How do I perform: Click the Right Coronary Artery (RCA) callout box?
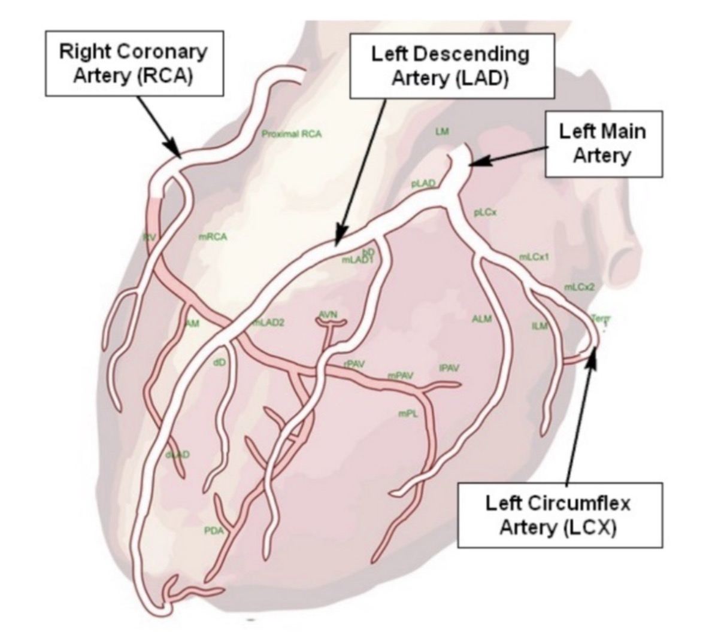(133, 64)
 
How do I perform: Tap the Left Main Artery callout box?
(602, 144)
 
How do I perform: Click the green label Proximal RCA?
(292, 134)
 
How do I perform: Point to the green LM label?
(442, 131)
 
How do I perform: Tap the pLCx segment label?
(486, 212)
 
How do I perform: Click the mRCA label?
(213, 237)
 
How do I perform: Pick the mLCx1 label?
(534, 257)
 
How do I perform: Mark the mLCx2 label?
(579, 288)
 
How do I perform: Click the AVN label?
(328, 315)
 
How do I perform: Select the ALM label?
(481, 319)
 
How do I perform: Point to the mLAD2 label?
(268, 323)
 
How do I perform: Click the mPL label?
(408, 413)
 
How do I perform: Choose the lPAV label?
(449, 368)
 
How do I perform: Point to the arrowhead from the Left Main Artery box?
(474, 162)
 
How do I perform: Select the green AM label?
(193, 324)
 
